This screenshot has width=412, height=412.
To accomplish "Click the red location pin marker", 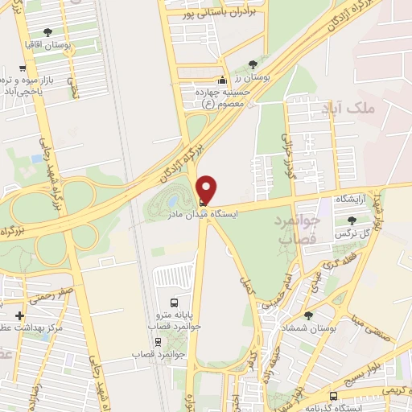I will pyautogui.click(x=207, y=189).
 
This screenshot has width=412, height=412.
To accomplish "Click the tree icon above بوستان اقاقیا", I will pyautogui.click(x=47, y=32).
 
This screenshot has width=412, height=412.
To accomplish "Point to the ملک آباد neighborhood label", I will pyautogui.click(x=344, y=108).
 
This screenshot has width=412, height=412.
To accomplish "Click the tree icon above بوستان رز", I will pyautogui.click(x=253, y=64).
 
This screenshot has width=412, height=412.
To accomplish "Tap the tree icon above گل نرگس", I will pyautogui.click(x=349, y=220).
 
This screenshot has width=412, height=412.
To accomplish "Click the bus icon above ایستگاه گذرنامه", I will pyautogui.click(x=333, y=396).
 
